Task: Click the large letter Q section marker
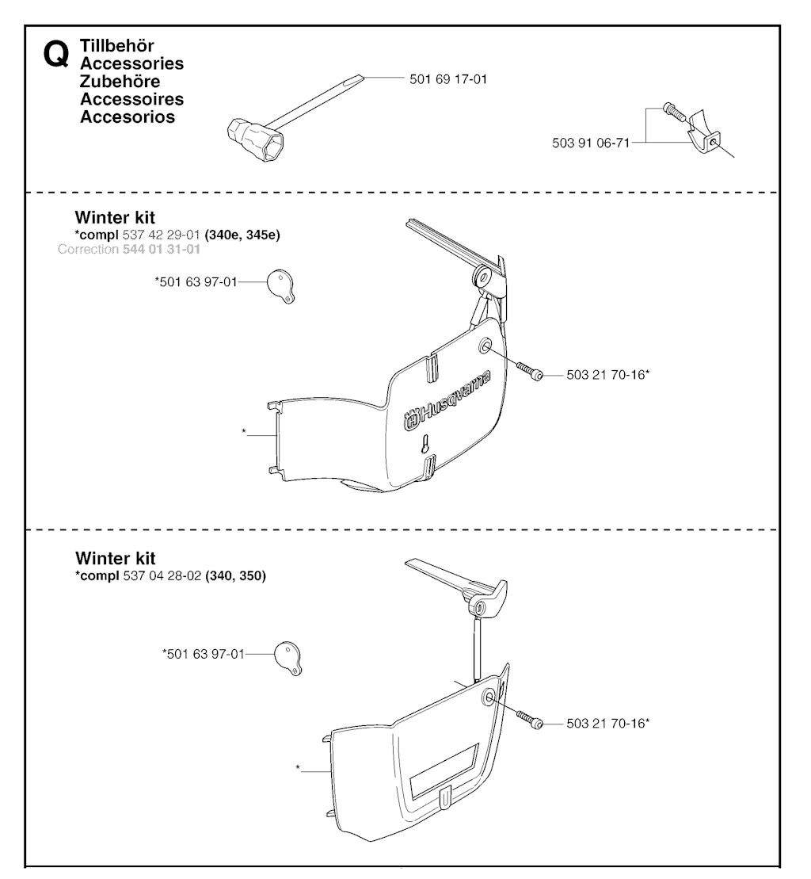(x=56, y=55)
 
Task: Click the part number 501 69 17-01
(x=448, y=79)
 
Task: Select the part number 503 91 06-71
(x=591, y=143)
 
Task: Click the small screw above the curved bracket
(x=674, y=112)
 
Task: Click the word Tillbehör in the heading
(x=116, y=45)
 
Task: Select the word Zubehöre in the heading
(x=120, y=82)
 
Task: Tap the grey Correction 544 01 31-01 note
(x=129, y=250)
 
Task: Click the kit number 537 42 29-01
(x=162, y=235)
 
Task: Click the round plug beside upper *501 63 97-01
(x=280, y=286)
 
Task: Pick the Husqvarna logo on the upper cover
(x=447, y=399)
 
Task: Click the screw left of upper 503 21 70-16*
(x=530, y=371)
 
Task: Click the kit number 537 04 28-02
(x=162, y=575)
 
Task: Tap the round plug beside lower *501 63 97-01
(x=287, y=658)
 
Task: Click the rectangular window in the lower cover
(x=444, y=771)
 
